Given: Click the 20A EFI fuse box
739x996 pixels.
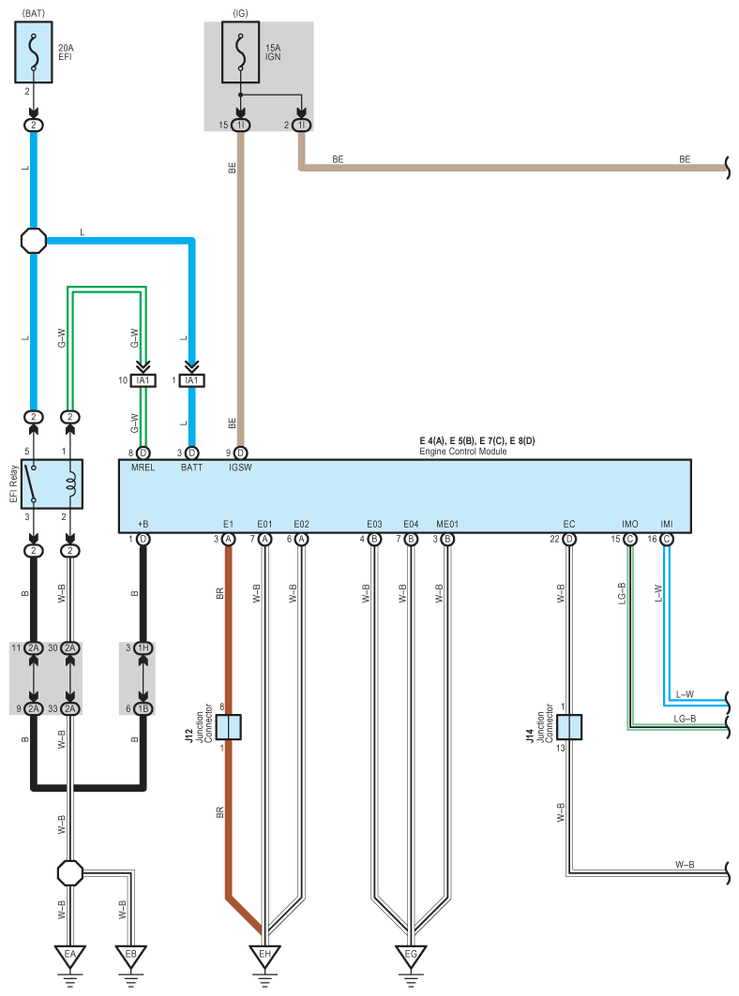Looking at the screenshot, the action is pyautogui.click(x=34, y=52).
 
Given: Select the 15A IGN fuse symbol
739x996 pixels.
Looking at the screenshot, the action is pyautogui.click(x=240, y=52).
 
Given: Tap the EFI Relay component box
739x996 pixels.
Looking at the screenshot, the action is pyautogui.click(x=52, y=484).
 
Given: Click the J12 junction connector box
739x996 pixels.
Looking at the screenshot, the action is pyautogui.click(x=228, y=727).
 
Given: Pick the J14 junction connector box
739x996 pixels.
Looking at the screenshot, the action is pyautogui.click(x=569, y=727).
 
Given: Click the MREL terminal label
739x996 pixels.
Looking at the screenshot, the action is pyautogui.click(x=143, y=468).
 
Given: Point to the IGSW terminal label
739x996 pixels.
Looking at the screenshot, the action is pyautogui.click(x=240, y=468).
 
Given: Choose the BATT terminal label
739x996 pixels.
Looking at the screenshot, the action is pyautogui.click(x=191, y=468).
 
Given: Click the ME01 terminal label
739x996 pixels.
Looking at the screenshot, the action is pyautogui.click(x=447, y=524).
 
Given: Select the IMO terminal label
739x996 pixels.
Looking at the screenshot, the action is pyautogui.click(x=629, y=524).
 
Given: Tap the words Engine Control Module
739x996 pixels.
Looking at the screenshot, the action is pyautogui.click(x=463, y=451).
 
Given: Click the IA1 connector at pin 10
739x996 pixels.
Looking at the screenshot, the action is pyautogui.click(x=143, y=380).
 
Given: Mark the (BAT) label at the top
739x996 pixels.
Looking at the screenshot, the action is pyautogui.click(x=34, y=13).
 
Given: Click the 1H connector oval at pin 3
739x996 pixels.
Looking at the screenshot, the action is pyautogui.click(x=143, y=647).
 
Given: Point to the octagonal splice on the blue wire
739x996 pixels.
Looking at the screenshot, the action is pyautogui.click(x=34, y=241).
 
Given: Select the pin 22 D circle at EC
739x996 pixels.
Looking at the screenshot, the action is pyautogui.click(x=569, y=540).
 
